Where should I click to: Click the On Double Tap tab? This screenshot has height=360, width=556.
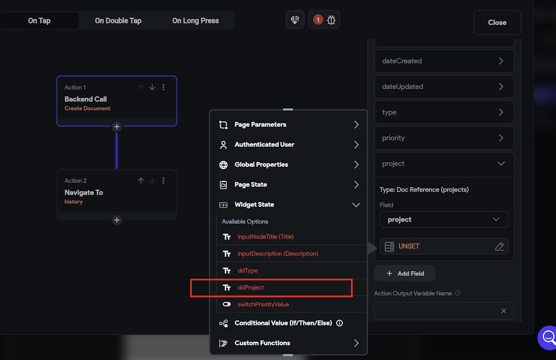(x=118, y=21)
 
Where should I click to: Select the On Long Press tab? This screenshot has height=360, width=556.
(x=195, y=21)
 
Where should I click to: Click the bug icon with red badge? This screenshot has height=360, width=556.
(x=325, y=20)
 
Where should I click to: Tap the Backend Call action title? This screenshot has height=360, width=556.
(x=86, y=99)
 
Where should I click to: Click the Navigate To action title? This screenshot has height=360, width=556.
(x=83, y=193)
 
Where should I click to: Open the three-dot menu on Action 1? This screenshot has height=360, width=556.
(x=163, y=87)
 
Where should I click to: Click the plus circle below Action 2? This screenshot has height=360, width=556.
(x=117, y=220)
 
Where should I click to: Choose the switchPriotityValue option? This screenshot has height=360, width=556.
(x=263, y=304)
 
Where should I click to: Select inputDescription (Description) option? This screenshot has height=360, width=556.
(x=277, y=254)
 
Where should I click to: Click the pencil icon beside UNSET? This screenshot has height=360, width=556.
(x=499, y=246)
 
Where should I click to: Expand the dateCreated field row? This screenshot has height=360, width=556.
(x=444, y=61)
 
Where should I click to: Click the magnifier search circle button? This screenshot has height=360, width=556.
(x=548, y=337)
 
